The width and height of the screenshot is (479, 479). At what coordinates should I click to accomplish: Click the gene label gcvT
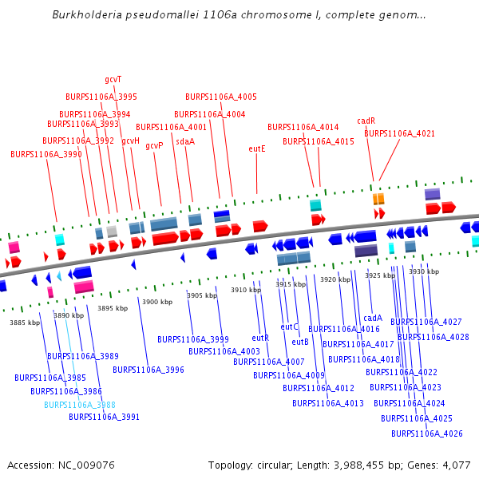113,79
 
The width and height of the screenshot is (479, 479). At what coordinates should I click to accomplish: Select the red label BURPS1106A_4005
221,97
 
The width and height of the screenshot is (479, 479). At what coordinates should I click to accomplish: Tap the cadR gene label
366,121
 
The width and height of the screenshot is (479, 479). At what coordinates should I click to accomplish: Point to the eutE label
257,148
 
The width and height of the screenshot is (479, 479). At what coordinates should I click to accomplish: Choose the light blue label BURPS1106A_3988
80,405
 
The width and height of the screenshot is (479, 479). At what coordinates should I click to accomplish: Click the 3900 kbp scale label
157,302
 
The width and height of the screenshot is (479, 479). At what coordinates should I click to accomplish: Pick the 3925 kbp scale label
380,275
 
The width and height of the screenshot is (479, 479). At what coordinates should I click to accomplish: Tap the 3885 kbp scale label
25,323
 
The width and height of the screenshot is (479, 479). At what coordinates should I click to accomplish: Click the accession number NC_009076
86,465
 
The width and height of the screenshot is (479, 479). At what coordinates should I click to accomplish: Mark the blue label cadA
373,318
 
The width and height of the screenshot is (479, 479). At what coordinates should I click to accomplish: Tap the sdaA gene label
185,141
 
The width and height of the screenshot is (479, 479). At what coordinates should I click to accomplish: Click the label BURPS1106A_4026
427,433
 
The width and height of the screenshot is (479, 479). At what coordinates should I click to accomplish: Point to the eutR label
260,338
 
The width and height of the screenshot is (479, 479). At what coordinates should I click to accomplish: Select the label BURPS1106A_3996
148,370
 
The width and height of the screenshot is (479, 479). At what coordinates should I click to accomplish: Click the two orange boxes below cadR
378,199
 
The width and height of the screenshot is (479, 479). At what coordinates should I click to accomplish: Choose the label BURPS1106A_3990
46,154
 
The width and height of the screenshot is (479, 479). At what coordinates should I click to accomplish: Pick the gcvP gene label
154,146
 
